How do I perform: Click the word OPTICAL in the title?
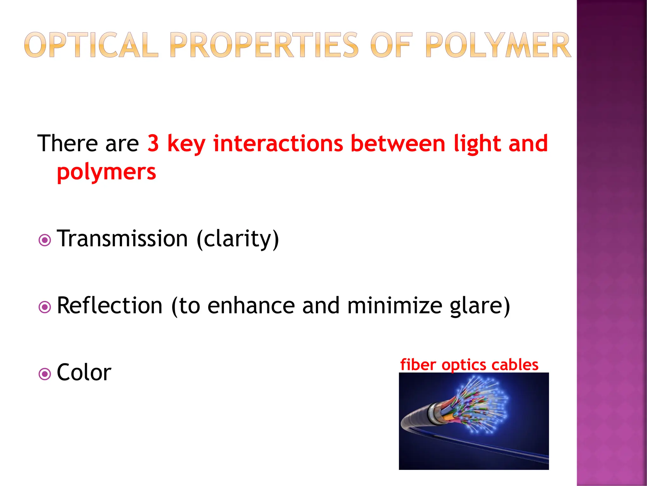[91, 45]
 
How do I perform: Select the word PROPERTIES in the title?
[264, 45]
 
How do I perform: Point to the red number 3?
[153, 143]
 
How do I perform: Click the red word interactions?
[278, 143]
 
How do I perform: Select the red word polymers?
[106, 172]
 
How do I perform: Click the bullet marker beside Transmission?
[45, 240]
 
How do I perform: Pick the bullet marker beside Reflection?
[45, 307]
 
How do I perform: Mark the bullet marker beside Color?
[45, 374]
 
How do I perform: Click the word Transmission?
[123, 239]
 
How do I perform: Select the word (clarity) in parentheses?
[238, 239]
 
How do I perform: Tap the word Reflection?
[110, 306]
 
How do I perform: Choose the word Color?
[84, 373]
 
